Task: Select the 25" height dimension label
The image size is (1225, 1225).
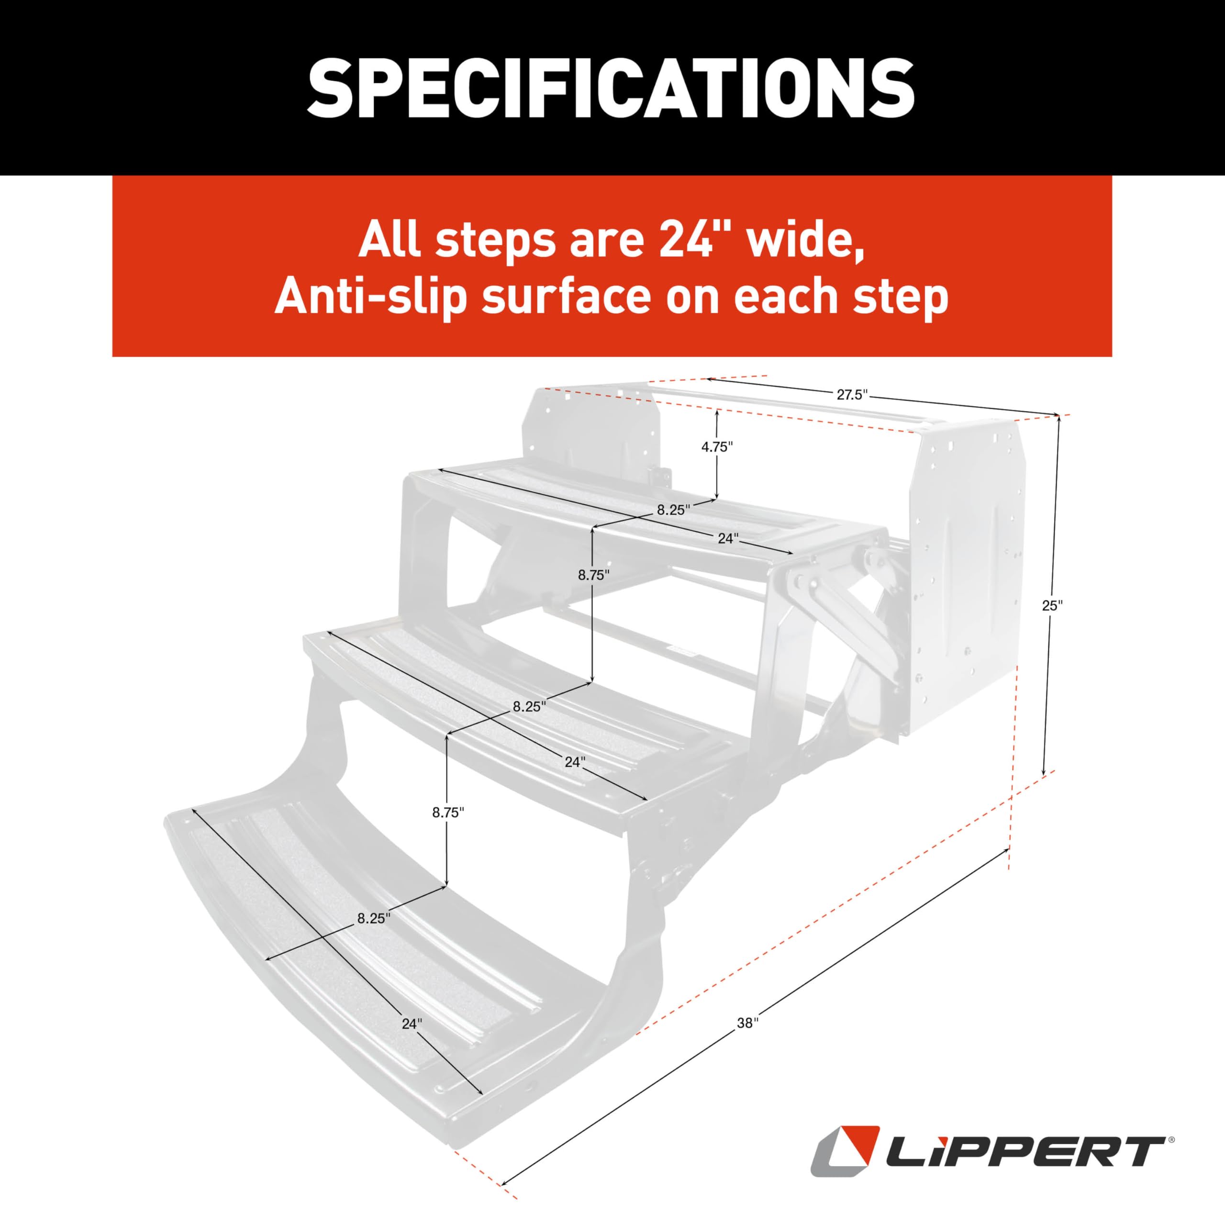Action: [1052, 605]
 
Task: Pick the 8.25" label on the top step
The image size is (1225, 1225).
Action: [673, 509]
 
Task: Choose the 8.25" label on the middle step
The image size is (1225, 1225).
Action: [529, 707]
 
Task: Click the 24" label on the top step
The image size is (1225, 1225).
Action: [728, 538]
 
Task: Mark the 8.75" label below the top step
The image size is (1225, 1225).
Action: [593, 575]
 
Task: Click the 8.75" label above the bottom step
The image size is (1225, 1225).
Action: [448, 812]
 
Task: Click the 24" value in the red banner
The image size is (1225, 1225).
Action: [694, 242]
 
